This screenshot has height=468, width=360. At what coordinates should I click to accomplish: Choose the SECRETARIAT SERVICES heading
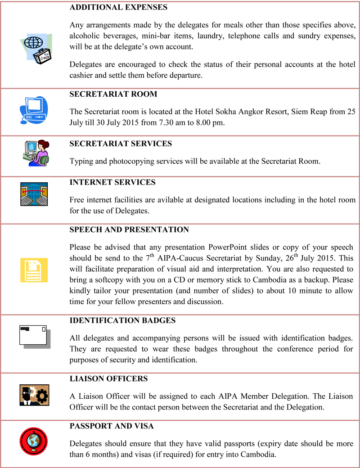pyautogui.click(x=121, y=144)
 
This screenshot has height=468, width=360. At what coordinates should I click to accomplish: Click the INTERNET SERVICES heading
pyautogui.click(x=112, y=183)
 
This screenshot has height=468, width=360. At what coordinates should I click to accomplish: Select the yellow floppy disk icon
pyautogui.click(x=34, y=270)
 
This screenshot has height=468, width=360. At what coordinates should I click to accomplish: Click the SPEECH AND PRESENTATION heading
pyautogui.click(x=129, y=229)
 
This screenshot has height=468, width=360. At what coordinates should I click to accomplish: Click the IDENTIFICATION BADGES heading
pyautogui.click(x=122, y=320)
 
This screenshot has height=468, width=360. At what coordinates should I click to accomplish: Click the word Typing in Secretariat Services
pyautogui.click(x=81, y=162)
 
